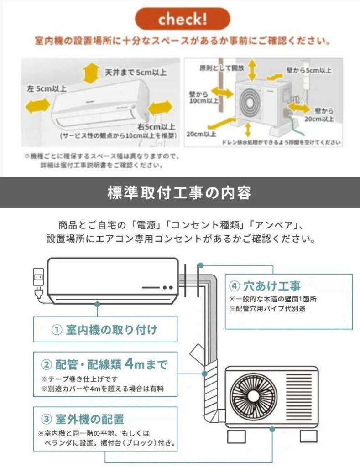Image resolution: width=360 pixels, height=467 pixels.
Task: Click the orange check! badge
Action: [x=182, y=19]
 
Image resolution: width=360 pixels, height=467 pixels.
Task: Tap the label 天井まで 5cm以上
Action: [x=136, y=73]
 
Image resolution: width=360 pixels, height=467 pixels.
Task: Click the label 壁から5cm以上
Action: [x=309, y=71]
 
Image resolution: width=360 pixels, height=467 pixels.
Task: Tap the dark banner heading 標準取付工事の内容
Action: [x=180, y=192]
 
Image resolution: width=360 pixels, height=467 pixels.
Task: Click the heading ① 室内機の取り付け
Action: [x=105, y=330]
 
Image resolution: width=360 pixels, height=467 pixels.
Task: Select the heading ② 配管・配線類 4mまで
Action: [x=104, y=364]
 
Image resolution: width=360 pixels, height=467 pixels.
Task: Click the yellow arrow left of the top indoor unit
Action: [x=37, y=107]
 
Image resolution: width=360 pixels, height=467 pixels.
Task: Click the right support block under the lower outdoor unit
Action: [x=308, y=436]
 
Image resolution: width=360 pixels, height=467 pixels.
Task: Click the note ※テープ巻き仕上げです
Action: [x=80, y=379]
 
